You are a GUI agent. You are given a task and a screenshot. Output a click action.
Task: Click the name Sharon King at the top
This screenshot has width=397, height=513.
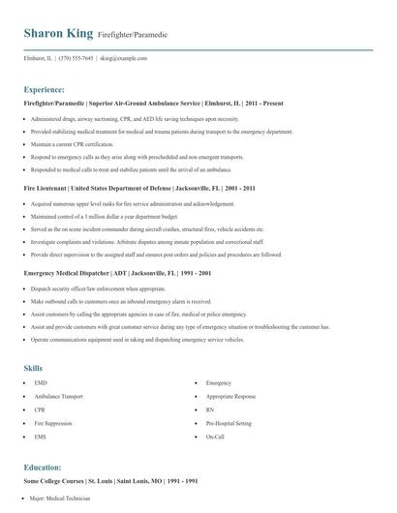pyautogui.click(x=59, y=34)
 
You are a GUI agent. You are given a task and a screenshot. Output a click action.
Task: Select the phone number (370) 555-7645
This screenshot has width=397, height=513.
pyautogui.click(x=76, y=58)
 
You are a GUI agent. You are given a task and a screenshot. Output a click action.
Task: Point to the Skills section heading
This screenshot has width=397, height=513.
pyautogui.click(x=34, y=368)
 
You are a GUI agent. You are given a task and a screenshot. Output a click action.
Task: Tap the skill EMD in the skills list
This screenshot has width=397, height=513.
pyautogui.click(x=40, y=383)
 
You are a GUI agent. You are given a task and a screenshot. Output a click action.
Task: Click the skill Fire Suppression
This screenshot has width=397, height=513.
pyautogui.click(x=52, y=424)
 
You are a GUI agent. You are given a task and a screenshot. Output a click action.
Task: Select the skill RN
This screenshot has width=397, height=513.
pyautogui.click(x=209, y=410)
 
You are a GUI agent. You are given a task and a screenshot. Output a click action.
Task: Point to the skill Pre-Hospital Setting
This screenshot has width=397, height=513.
pyautogui.click(x=228, y=424)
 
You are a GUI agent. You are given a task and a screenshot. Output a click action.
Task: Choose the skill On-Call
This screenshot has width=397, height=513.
pyautogui.click(x=215, y=438)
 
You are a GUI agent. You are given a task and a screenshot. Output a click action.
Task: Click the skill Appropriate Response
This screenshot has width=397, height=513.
pyautogui.click(x=230, y=397)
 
